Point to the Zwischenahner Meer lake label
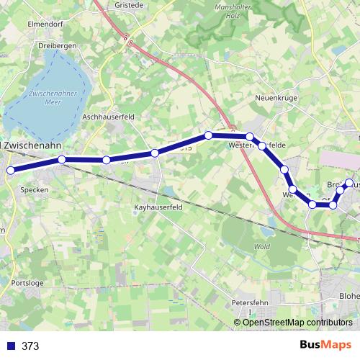(x=49, y=99)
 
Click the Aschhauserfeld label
(x=109, y=116)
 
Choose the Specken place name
(x=35, y=191)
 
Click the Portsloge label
(x=28, y=284)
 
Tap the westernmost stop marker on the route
(x=11, y=171)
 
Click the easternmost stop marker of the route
(x=349, y=183)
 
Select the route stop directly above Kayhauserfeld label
(x=155, y=153)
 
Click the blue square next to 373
(x=10, y=346)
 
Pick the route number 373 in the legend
(x=30, y=346)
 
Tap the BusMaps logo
(x=325, y=346)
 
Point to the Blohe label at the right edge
(x=349, y=296)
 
